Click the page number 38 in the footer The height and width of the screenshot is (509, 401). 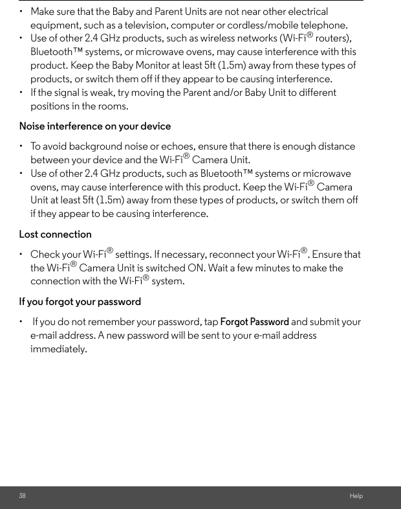click(23, 496)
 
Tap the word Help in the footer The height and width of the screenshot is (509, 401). click(356, 496)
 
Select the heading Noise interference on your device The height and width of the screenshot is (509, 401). click(95, 126)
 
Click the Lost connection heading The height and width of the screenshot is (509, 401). click(56, 234)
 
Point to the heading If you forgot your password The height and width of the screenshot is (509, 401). click(80, 302)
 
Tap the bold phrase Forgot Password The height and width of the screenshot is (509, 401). click(255, 322)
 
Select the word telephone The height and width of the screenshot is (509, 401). click(324, 25)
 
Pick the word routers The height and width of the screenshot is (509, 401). click(333, 39)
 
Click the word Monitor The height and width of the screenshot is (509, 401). click(197, 65)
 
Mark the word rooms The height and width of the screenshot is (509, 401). click(113, 106)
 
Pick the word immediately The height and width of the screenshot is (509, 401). click(59, 350)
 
